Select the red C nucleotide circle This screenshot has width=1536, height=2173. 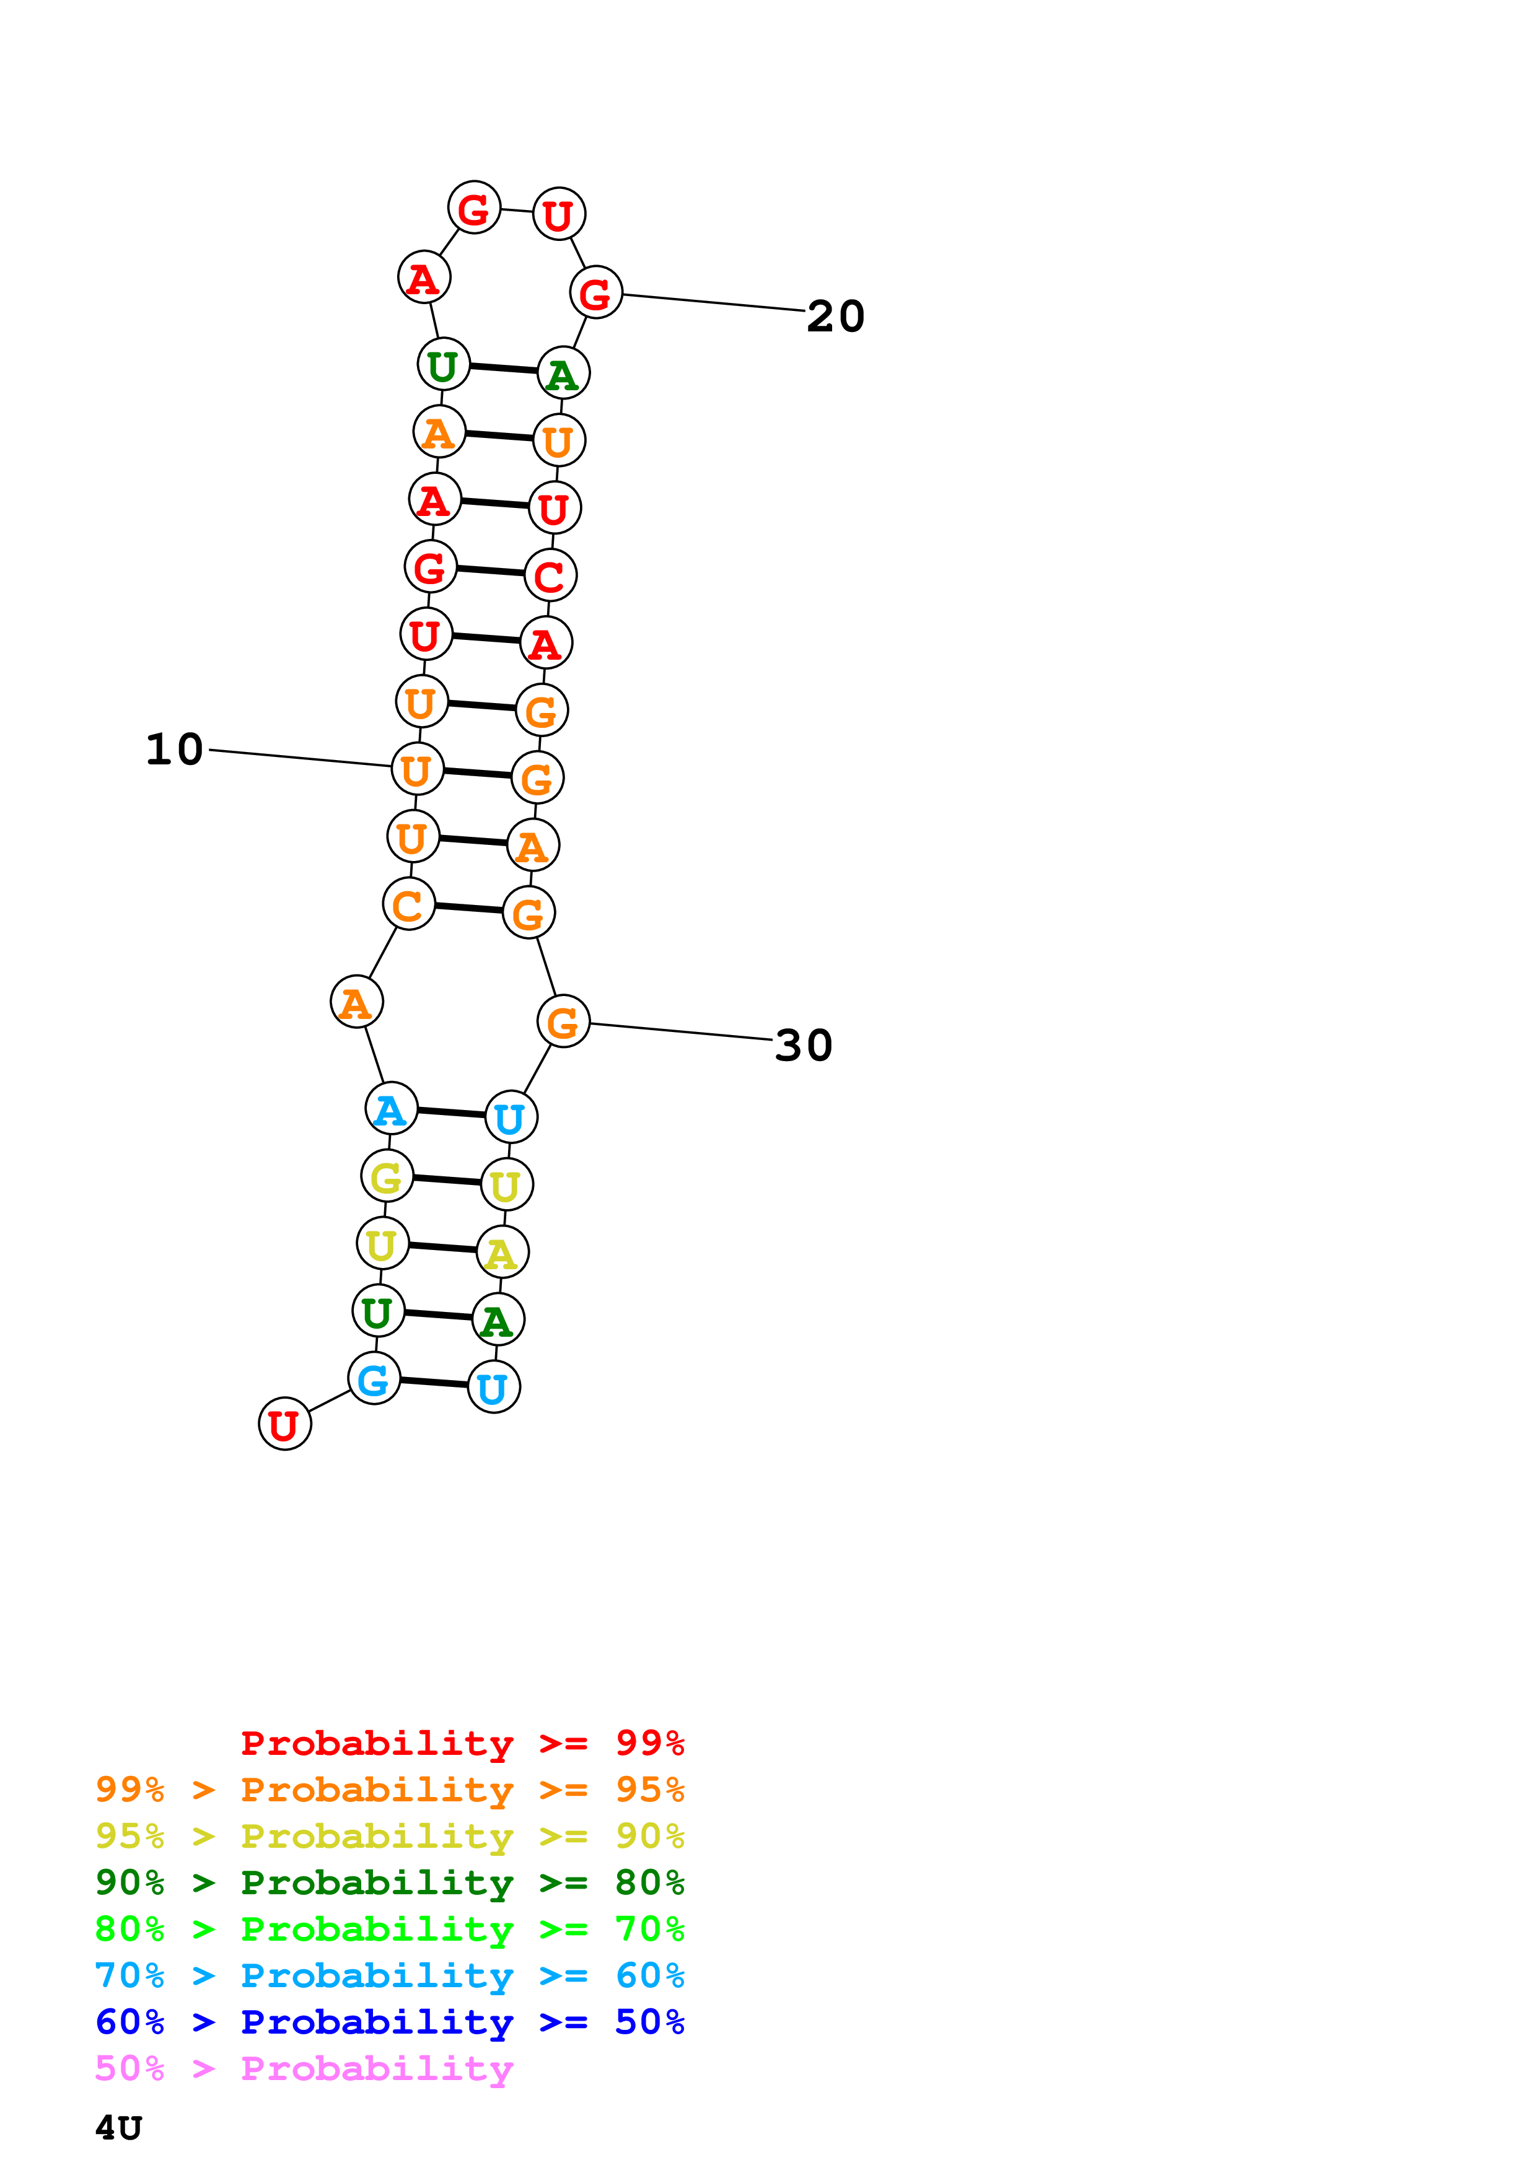click(x=550, y=575)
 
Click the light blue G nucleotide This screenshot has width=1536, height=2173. click(x=374, y=1379)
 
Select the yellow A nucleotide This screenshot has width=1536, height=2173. click(x=502, y=1252)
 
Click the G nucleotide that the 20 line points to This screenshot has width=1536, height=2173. click(x=595, y=294)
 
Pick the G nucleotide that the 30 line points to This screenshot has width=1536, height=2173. click(x=563, y=1022)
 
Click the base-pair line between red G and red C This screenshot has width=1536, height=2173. click(x=490, y=571)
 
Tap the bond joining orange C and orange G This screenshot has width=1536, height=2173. click(x=468, y=909)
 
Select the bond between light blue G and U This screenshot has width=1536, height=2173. click(x=434, y=1383)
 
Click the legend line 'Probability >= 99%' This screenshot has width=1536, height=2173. click(x=462, y=1742)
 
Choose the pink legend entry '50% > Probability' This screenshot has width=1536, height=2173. click(x=303, y=2068)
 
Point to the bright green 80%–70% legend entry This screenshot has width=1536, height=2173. click(x=389, y=1929)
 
